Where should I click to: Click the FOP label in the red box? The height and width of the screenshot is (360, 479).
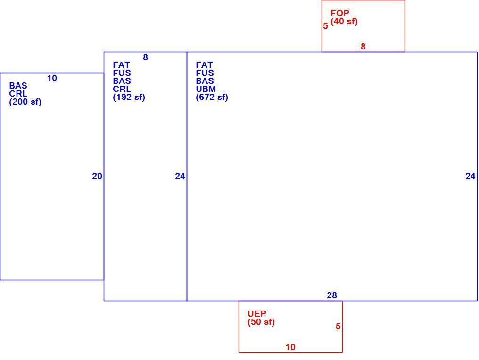(x=340, y=13)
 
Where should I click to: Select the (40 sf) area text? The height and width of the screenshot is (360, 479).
(x=344, y=21)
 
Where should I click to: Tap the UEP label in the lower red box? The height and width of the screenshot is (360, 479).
(x=257, y=314)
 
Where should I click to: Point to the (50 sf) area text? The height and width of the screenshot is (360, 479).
(x=261, y=322)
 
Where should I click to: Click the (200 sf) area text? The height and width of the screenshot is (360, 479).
(x=25, y=102)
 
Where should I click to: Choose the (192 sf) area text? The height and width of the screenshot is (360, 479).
(x=129, y=97)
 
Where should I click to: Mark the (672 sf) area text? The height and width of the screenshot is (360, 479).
(x=212, y=97)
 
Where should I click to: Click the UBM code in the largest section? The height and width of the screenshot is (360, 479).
(x=206, y=89)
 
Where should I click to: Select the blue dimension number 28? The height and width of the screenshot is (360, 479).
(x=332, y=295)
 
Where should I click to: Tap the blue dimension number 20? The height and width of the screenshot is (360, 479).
(x=97, y=176)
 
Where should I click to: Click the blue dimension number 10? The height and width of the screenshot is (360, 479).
(x=52, y=79)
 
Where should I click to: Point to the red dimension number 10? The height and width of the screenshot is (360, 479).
(x=290, y=347)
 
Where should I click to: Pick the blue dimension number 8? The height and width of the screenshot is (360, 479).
(x=145, y=57)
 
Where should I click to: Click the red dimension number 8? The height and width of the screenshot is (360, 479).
(x=363, y=46)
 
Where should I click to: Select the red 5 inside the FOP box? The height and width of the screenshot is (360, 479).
(x=325, y=26)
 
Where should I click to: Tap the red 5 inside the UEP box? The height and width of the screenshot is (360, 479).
(x=338, y=327)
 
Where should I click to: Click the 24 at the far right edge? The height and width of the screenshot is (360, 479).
(x=471, y=176)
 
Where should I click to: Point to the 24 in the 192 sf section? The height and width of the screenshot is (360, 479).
(x=180, y=176)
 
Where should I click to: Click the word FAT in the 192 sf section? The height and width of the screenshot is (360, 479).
(x=121, y=65)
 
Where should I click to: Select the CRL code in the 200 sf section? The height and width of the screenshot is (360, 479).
(x=18, y=94)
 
